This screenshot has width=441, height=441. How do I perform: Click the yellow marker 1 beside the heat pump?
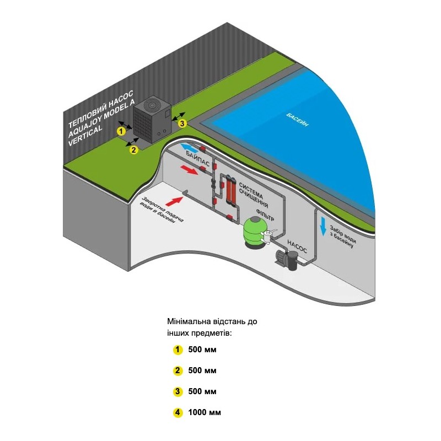121,131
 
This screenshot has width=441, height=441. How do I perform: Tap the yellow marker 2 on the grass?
133,149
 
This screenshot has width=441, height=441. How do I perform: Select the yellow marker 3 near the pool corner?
183,123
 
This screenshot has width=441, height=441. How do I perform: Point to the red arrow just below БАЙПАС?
189,171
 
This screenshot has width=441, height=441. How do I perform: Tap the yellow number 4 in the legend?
178,412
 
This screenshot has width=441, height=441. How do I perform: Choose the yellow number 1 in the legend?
178,349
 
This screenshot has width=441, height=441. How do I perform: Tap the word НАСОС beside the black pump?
299,244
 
